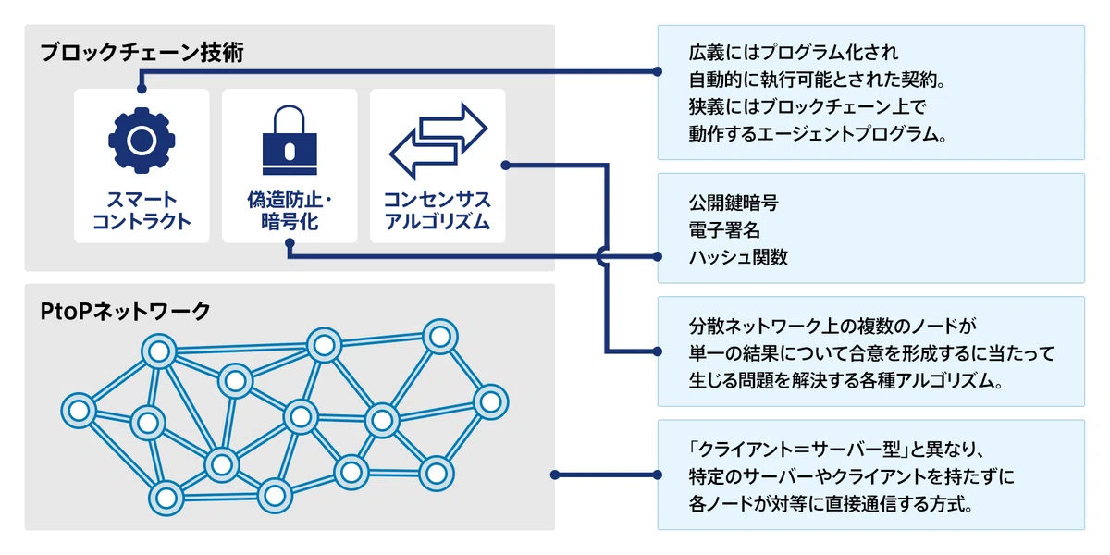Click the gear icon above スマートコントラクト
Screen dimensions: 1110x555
tap(142, 141)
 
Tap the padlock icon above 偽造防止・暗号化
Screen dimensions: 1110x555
tap(290, 140)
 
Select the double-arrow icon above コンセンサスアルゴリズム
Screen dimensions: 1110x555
tap(438, 141)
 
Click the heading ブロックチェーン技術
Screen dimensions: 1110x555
tap(142, 53)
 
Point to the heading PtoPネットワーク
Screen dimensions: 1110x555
tap(126, 312)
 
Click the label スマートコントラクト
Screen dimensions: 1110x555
tap(142, 211)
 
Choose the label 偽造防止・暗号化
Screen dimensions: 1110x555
tap(290, 211)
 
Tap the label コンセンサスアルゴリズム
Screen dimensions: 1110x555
tap(438, 211)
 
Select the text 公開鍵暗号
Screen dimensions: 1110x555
tap(734, 203)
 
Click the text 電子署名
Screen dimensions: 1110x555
tap(724, 230)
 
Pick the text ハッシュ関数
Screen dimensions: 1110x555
tap(738, 257)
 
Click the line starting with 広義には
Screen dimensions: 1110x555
tap(794, 53)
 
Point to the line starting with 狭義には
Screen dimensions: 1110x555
tap(808, 106)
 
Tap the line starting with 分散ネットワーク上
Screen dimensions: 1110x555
tap(832, 326)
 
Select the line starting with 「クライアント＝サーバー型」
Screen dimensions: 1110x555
tap(836, 450)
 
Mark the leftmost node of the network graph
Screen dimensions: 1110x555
tap(79, 411)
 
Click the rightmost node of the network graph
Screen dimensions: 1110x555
tap(490, 401)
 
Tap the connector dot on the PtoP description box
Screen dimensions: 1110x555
tap(658, 475)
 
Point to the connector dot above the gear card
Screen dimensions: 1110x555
tap(142, 89)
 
